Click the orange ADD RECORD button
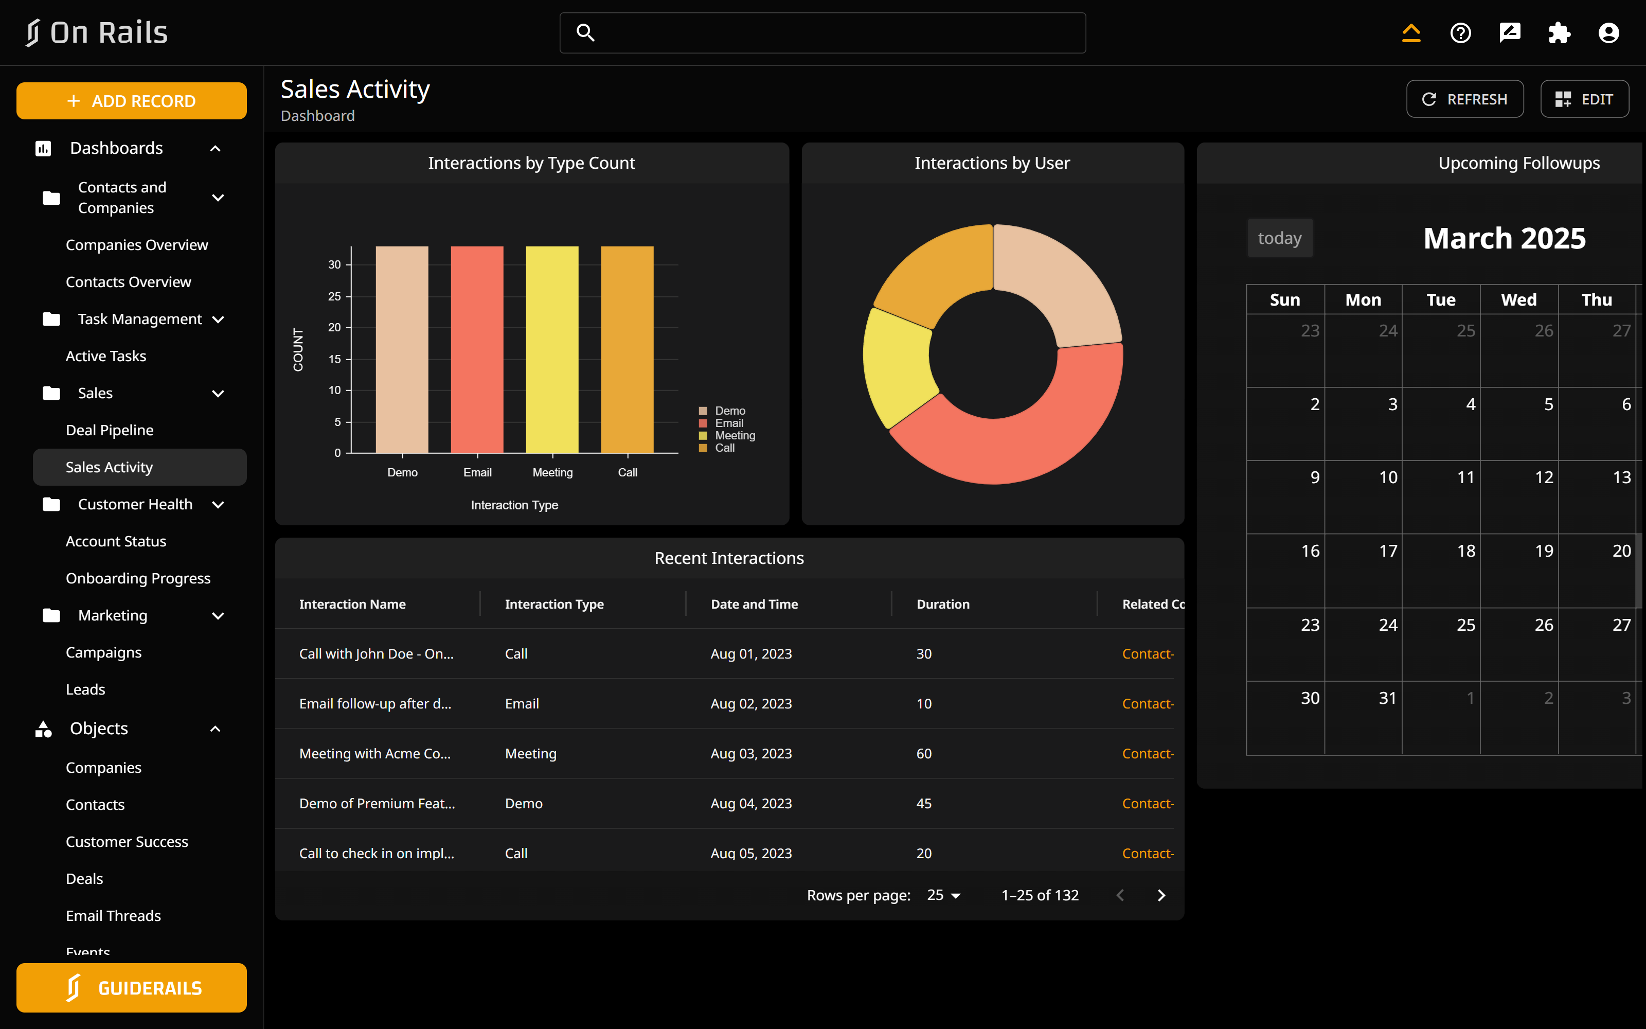(x=131, y=101)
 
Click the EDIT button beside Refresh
(x=1584, y=99)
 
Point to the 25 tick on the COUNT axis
(x=335, y=296)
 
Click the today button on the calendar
(x=1279, y=238)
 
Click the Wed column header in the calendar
(x=1518, y=300)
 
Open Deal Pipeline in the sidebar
(x=110, y=430)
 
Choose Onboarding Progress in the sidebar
(x=138, y=578)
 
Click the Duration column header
(x=943, y=605)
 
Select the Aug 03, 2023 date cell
(x=751, y=753)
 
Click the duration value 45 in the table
(x=924, y=803)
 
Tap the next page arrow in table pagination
(x=1161, y=896)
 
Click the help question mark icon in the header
(x=1460, y=32)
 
